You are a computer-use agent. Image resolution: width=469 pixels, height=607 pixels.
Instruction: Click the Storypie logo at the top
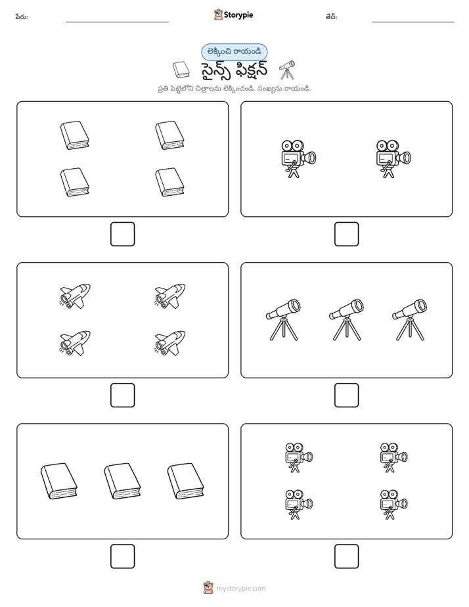(233, 14)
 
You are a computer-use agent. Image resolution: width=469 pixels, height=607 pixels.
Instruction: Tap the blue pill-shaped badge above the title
(234, 52)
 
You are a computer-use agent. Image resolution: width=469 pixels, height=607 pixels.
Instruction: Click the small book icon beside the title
(181, 70)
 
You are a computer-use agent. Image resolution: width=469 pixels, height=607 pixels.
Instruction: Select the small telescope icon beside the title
(287, 70)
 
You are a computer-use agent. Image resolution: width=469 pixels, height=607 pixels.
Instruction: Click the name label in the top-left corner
(22, 16)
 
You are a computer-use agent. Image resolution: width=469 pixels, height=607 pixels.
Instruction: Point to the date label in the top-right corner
(331, 16)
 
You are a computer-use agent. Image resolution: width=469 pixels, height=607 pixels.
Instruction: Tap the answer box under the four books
(123, 235)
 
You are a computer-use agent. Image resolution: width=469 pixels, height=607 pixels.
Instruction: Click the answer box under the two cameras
(346, 235)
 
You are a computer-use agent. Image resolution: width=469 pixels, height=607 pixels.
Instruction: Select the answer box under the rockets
(123, 395)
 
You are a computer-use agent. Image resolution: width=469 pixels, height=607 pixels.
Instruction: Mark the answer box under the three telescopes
(346, 395)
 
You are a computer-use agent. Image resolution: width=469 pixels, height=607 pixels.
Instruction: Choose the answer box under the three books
(123, 556)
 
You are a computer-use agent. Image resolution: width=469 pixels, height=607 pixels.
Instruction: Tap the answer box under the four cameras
(346, 556)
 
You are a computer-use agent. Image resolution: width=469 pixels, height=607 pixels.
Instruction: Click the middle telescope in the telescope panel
(346, 320)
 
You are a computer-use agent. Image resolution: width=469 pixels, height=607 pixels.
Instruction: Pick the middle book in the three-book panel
(122, 481)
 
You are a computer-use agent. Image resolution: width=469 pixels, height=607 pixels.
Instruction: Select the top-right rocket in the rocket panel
(170, 296)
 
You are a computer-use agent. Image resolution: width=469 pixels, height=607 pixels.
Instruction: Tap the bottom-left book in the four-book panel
(75, 182)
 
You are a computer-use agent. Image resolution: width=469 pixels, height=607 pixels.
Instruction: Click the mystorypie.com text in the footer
(240, 589)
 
